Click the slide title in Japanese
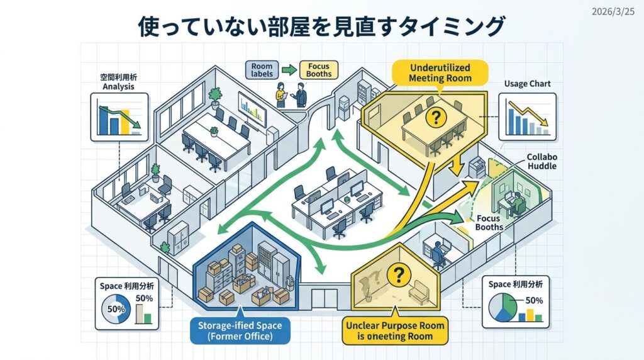[x=321, y=27]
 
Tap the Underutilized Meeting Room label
[x=440, y=73]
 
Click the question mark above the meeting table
[x=433, y=116]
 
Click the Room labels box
[x=262, y=70]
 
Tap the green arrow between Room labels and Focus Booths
[x=289, y=70]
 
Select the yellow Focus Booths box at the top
[x=319, y=70]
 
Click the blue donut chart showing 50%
[x=117, y=310]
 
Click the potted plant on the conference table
[x=214, y=132]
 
